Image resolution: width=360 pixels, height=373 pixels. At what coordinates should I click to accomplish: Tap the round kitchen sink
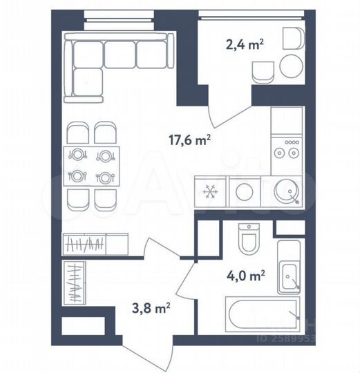click(286, 191)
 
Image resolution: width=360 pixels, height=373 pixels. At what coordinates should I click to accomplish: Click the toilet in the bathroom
click(247, 238)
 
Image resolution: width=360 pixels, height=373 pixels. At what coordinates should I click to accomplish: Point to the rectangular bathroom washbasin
click(287, 270)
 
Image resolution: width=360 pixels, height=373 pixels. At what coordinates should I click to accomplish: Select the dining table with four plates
click(92, 166)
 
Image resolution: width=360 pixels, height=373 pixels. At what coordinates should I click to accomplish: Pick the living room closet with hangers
click(95, 244)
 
